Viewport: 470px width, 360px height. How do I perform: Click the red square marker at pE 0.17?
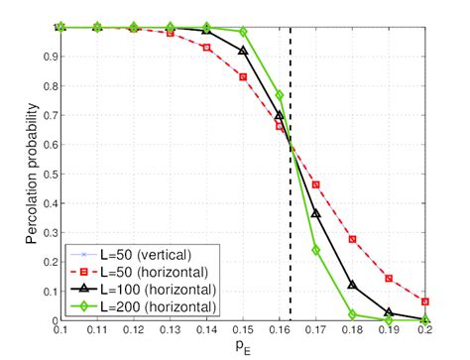click(316, 185)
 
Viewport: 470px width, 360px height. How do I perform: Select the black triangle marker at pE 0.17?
click(316, 214)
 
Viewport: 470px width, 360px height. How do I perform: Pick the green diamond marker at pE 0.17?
click(316, 250)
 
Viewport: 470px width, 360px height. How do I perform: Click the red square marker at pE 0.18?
click(353, 240)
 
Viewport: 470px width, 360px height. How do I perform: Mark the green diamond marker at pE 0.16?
click(280, 95)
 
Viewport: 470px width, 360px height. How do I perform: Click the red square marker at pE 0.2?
click(425, 301)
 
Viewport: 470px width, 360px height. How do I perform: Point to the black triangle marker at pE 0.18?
click(353, 286)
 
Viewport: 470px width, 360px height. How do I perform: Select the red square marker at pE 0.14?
click(206, 48)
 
